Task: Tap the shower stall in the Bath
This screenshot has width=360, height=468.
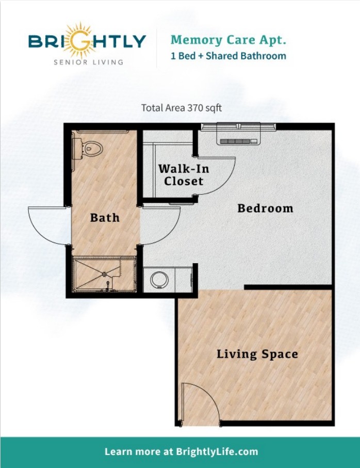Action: [x=104, y=275]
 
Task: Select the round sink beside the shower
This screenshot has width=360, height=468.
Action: [x=159, y=280]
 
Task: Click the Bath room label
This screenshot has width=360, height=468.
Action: [x=105, y=218]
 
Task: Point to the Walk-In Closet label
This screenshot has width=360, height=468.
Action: [x=184, y=175]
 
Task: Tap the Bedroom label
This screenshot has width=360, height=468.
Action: [x=265, y=208]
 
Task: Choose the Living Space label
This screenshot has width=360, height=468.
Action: [x=257, y=354]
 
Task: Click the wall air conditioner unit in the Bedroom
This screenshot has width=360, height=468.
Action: [x=238, y=141]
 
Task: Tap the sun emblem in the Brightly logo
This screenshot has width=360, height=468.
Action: [x=79, y=40]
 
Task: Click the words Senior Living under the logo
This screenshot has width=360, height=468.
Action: [x=88, y=62]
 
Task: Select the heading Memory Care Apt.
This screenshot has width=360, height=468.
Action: [x=228, y=40]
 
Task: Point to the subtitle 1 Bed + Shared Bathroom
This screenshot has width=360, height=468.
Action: [x=228, y=56]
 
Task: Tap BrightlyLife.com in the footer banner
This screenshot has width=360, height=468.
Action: [x=217, y=451]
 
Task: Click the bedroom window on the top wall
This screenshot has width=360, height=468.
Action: [x=238, y=126]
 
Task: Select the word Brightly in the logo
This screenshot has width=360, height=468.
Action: [x=87, y=41]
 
